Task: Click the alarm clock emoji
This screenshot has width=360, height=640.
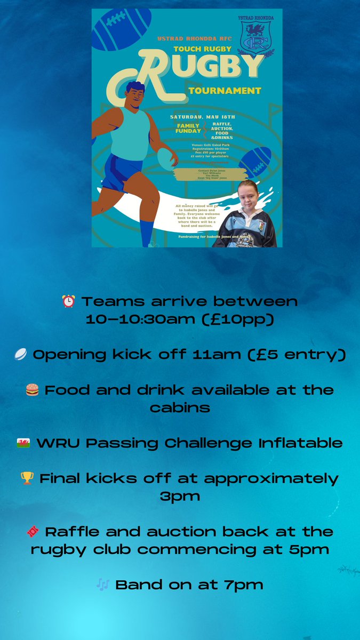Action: tap(69, 301)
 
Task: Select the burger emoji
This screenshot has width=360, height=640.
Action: tap(33, 390)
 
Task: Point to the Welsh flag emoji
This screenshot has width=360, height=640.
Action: tap(23, 443)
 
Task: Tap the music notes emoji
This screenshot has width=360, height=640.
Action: tap(103, 585)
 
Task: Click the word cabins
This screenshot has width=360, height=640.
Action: tap(179, 407)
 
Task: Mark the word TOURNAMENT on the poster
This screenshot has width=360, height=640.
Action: tap(224, 91)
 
